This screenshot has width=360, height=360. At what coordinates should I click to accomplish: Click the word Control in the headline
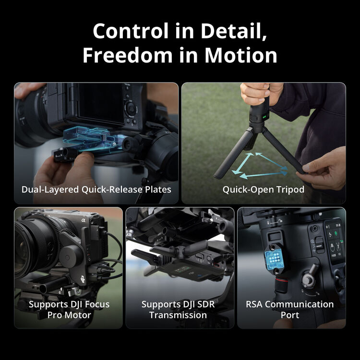click(130, 31)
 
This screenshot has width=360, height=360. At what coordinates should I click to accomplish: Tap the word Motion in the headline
click(241, 55)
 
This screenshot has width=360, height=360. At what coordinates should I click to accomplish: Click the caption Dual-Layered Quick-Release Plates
click(96, 189)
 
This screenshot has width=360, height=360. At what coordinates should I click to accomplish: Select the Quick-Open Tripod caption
click(263, 189)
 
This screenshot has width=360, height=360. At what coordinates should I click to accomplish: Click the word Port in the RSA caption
click(289, 315)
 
